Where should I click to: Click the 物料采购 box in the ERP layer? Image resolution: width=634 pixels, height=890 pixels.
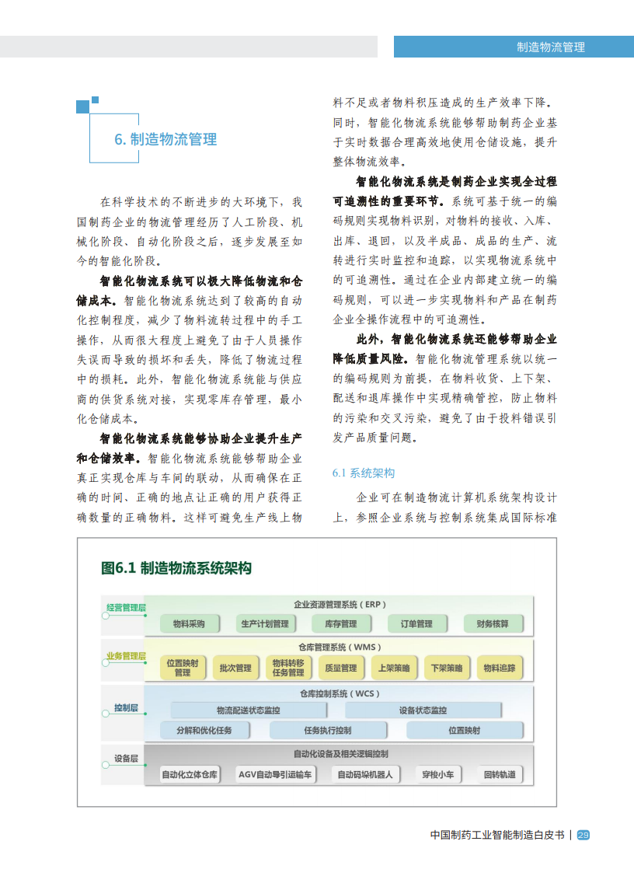pyautogui.click(x=189, y=624)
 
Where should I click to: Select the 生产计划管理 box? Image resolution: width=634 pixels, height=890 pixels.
pyautogui.click(x=265, y=624)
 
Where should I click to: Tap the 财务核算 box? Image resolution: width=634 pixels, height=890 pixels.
pyautogui.click(x=493, y=624)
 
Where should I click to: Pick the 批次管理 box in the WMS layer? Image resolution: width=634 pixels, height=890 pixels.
pyautogui.click(x=235, y=668)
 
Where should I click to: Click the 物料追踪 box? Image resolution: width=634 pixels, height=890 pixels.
pyautogui.click(x=500, y=668)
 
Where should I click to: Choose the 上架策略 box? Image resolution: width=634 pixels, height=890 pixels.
pyautogui.click(x=394, y=668)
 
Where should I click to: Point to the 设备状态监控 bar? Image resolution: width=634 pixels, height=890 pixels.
pyautogui.click(x=423, y=710)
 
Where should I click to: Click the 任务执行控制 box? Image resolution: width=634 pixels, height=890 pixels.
pyautogui.click(x=328, y=731)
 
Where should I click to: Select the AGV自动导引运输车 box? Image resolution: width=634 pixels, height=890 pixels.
pyautogui.click(x=275, y=774)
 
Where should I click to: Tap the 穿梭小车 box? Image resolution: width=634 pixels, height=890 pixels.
pyautogui.click(x=437, y=774)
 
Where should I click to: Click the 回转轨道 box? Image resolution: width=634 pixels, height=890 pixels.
pyautogui.click(x=500, y=774)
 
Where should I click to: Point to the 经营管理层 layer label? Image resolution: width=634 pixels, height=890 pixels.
pyautogui.click(x=126, y=607)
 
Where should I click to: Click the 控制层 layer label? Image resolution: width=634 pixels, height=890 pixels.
pyautogui.click(x=126, y=708)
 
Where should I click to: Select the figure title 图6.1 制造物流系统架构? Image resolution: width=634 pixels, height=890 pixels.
pyautogui.click(x=176, y=568)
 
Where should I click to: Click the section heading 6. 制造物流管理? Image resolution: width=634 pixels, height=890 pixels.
pyautogui.click(x=165, y=139)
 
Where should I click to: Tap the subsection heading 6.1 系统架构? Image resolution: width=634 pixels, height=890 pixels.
pyautogui.click(x=364, y=473)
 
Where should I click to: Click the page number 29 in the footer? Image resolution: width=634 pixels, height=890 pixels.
pyautogui.click(x=583, y=835)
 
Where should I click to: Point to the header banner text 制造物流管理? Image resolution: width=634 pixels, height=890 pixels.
pyautogui.click(x=551, y=47)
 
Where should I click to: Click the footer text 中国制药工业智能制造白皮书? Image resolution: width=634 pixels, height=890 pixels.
pyautogui.click(x=497, y=835)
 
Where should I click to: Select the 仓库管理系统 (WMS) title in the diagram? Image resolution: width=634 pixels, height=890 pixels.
pyautogui.click(x=340, y=647)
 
